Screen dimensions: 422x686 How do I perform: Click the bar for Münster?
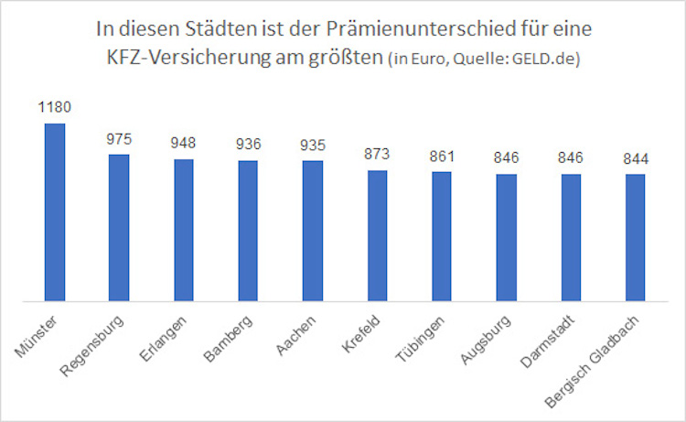(55, 211)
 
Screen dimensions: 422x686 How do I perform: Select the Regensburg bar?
(119, 227)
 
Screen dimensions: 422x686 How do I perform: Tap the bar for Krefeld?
(377, 235)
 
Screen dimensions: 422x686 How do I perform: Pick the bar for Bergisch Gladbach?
(636, 237)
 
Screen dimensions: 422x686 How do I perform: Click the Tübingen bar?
(442, 236)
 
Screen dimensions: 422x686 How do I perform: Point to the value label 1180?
(55, 108)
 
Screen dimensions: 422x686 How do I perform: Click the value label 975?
(119, 139)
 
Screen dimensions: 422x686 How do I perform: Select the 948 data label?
(184, 144)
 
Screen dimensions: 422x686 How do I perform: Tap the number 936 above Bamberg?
(248, 146)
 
